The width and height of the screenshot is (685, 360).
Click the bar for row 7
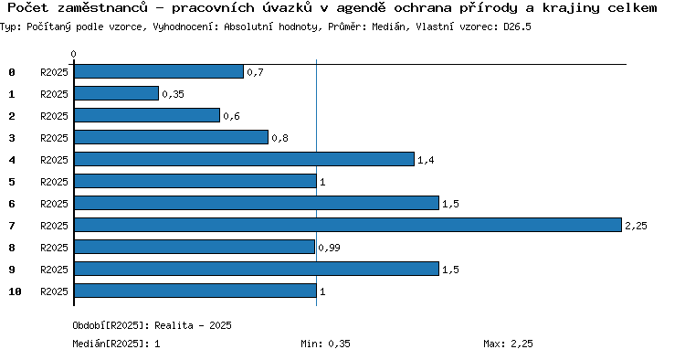click(348, 225)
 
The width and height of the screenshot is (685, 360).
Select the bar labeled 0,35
click(116, 93)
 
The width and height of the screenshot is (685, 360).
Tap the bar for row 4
click(244, 159)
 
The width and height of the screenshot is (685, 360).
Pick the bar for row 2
click(147, 115)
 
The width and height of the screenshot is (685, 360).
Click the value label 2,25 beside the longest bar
click(636, 226)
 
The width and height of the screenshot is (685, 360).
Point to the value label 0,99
click(329, 248)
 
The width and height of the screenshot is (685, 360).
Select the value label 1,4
click(426, 160)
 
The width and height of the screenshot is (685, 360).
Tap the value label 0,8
click(279, 138)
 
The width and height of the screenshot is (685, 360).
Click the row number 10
click(15, 291)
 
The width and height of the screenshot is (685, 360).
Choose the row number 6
click(12, 204)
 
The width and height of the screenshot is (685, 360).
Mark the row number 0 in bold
click(12, 72)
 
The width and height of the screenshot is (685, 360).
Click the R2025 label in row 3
click(54, 138)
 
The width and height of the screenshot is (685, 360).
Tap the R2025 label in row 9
click(54, 270)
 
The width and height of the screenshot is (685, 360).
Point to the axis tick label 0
click(73, 54)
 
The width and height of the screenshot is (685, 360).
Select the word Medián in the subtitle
click(388, 26)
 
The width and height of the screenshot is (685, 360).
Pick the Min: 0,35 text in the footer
click(325, 344)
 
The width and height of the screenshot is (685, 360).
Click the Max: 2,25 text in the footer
click(508, 344)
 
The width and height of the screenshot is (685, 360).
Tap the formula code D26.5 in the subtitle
click(517, 26)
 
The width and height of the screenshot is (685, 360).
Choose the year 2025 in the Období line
click(220, 325)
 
